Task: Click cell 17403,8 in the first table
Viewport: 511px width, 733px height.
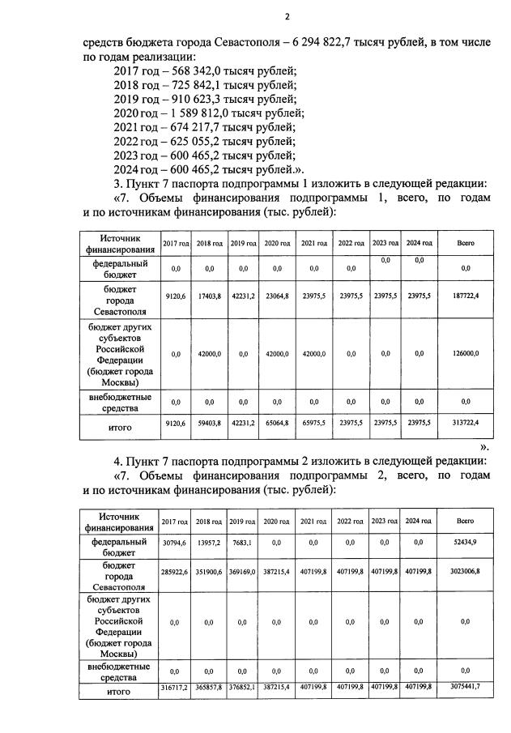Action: coord(208,296)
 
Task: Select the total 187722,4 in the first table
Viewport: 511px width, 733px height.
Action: coord(465,296)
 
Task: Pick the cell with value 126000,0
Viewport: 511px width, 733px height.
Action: coord(465,353)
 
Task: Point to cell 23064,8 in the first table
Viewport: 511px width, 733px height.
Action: coord(277,296)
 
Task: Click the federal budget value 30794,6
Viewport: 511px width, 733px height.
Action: coord(175,542)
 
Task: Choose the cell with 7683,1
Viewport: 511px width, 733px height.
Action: coord(242,542)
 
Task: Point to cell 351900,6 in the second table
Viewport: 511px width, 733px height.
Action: coord(208,571)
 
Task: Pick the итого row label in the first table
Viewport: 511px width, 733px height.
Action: coord(120,425)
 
